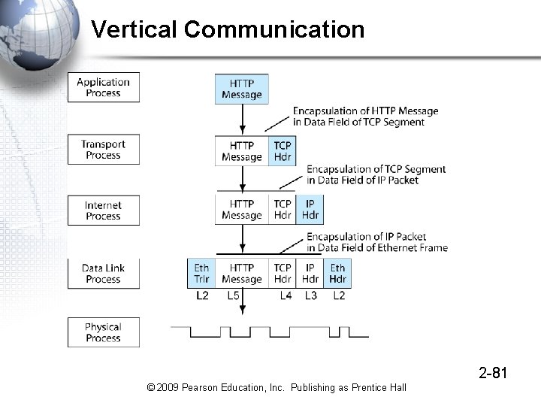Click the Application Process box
coord(104,88)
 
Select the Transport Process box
coord(104,150)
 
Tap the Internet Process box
coord(104,211)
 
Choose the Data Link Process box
coord(104,274)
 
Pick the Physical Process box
coord(104,332)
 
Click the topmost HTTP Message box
coord(242,89)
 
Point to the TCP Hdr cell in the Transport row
coord(283,151)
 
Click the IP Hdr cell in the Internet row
coord(310,210)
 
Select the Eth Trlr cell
coord(201,274)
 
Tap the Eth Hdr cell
coord(338,274)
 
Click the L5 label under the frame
coord(234,296)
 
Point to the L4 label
coord(286,296)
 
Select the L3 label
coord(310,296)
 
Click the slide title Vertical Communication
coord(228,30)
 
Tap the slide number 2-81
coord(494,371)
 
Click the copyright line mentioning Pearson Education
coord(277,387)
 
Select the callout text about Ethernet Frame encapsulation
coord(376,242)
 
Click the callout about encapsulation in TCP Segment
coord(365,117)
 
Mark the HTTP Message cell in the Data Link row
coord(242,274)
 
